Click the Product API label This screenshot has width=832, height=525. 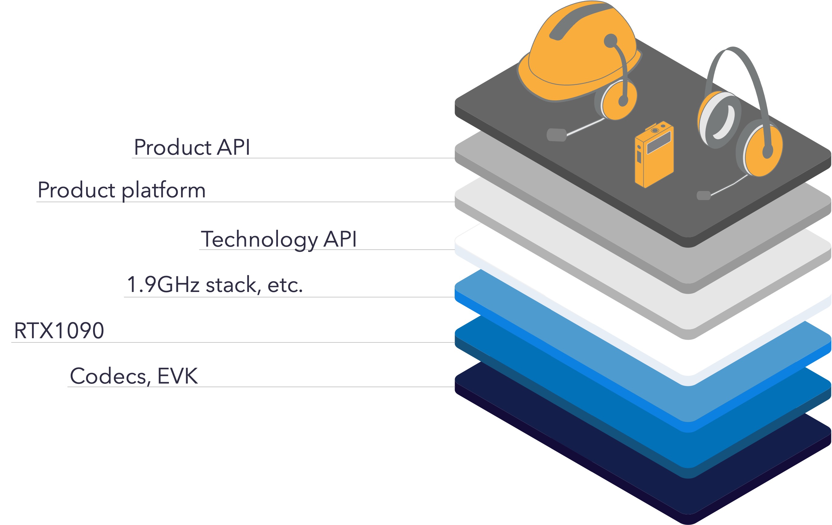click(x=192, y=147)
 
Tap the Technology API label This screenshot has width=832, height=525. click(x=279, y=239)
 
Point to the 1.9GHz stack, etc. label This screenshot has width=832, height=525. click(x=214, y=285)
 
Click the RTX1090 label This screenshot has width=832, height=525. click(x=59, y=331)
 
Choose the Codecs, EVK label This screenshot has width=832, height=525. click(x=134, y=376)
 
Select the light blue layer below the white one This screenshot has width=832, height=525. click(x=688, y=404)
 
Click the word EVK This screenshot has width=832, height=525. click(x=178, y=376)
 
